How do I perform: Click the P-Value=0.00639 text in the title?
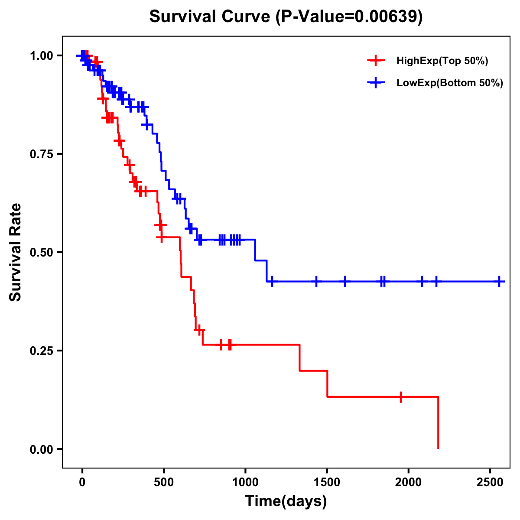point(349,17)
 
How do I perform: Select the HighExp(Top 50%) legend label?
point(442,61)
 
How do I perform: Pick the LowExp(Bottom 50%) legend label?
point(450,83)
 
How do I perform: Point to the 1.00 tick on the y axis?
point(41,55)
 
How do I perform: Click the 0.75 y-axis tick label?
point(41,154)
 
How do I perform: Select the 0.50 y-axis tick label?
point(41,252)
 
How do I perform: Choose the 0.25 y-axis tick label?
point(41,351)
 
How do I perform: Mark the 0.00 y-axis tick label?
point(41,449)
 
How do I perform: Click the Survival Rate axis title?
point(16,252)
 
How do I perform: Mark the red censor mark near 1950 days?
point(401,396)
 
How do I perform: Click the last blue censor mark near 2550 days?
point(499,281)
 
